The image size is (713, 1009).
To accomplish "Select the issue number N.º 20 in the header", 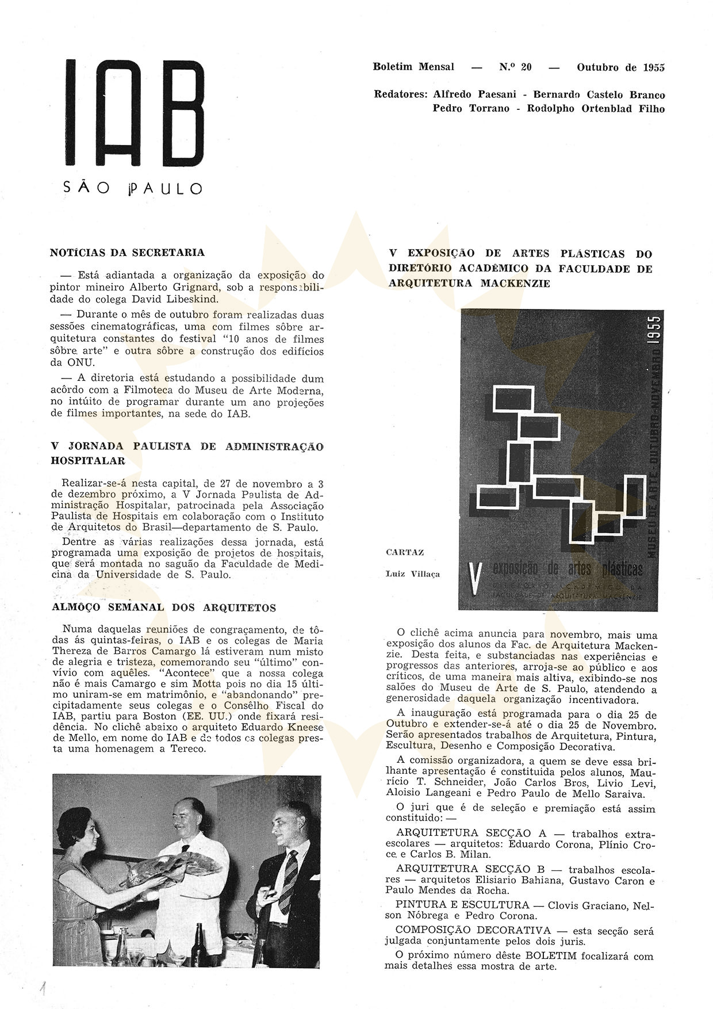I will pos(515,67).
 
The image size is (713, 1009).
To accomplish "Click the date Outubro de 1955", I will pos(620,67).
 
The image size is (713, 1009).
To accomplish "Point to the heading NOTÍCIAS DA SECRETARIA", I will pos(127,253).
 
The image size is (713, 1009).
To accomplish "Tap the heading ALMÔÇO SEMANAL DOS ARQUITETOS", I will pos(164,607).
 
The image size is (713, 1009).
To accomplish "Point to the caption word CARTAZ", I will pos(405,552).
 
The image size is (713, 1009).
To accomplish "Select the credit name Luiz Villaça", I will pos(413,574).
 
